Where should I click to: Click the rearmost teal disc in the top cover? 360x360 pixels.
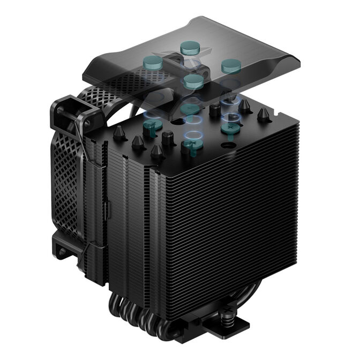click(x=188, y=48)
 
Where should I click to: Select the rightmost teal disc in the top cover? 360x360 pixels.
click(x=230, y=66)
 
